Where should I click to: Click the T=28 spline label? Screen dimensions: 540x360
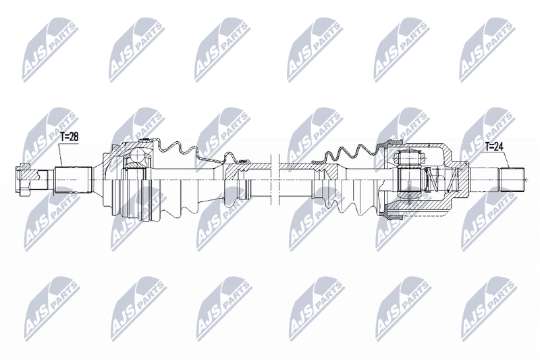[70, 136]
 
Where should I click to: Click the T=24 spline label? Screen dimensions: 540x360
[494, 147]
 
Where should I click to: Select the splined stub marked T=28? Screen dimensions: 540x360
[74, 180]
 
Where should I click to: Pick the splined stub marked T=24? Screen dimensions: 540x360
[512, 180]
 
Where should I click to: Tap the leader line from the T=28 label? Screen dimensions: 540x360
[61, 155]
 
